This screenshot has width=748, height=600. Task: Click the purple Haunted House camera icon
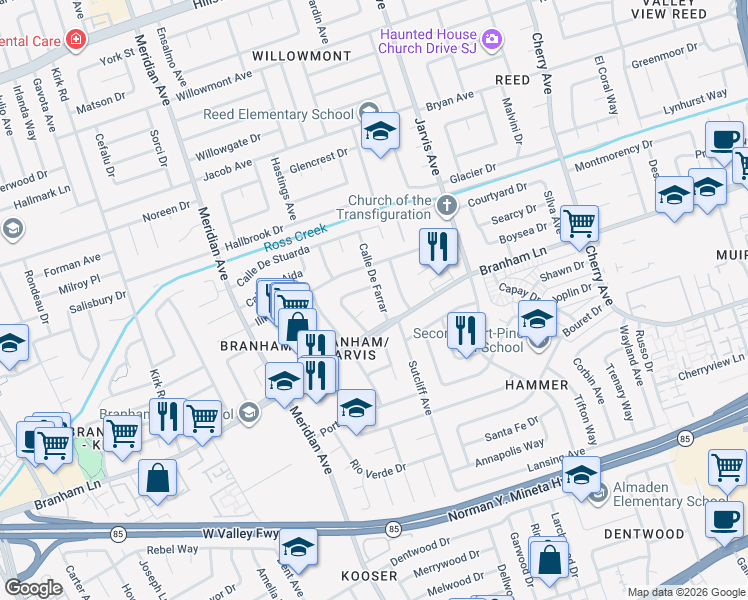491,40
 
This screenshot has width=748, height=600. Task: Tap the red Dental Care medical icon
75,41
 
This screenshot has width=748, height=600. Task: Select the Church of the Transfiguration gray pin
447,207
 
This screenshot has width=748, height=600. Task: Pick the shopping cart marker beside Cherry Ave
579,224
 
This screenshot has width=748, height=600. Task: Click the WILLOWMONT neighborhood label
301,56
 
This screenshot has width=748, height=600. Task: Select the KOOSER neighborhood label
370,577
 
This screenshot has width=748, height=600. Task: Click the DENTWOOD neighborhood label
645,534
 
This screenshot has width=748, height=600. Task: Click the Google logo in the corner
33,588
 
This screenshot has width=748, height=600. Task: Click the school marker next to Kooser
298,548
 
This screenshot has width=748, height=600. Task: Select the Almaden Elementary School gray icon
598,494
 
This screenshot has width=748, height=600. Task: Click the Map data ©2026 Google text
686,591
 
